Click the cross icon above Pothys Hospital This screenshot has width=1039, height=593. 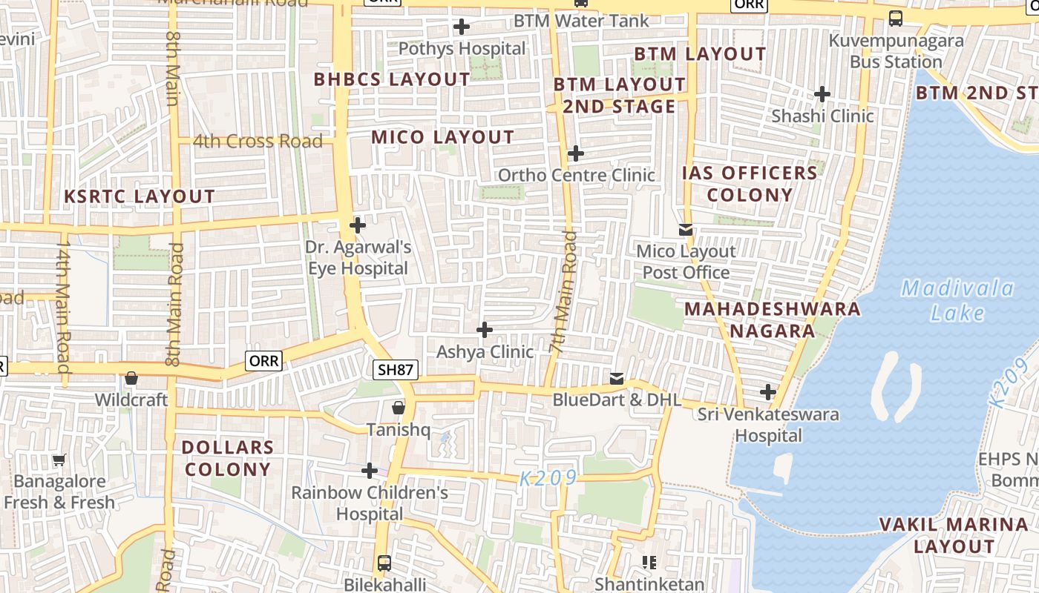462,27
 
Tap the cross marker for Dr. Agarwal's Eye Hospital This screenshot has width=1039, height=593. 358,225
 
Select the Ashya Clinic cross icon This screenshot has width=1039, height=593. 485,330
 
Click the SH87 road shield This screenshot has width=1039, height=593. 396,369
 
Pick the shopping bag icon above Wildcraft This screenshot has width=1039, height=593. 131,378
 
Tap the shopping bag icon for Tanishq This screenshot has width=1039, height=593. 399,408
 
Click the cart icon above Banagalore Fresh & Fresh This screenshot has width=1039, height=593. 59,460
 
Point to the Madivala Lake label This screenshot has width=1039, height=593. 957,300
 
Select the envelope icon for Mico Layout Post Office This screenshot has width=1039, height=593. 686,230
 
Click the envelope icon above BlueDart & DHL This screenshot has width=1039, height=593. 616,379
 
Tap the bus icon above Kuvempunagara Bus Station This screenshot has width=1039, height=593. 896,19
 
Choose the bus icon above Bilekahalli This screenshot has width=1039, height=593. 384,563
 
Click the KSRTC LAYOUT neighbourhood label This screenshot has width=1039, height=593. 140,196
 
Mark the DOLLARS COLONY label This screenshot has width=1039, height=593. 228,458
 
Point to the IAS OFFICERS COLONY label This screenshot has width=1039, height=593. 750,184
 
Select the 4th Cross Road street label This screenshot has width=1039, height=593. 258,141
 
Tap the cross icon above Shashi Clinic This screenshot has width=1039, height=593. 822,94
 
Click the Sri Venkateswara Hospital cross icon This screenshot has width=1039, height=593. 768,391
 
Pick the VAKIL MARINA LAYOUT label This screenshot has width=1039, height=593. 954,535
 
